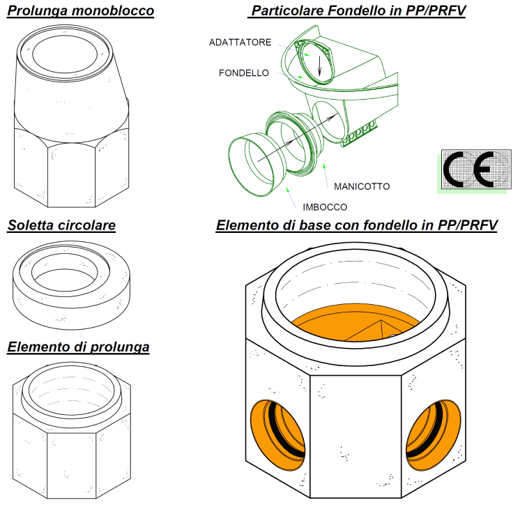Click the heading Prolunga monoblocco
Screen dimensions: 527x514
tap(81, 10)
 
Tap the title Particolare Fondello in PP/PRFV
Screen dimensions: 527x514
tap(357, 10)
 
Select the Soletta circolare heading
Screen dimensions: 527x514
tap(61, 225)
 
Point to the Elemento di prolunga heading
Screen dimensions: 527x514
tap(78, 347)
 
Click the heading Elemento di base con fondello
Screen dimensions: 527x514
tap(357, 225)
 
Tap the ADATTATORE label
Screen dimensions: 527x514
tap(240, 43)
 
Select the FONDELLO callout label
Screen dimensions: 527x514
tap(244, 73)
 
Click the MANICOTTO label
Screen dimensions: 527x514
tap(362, 187)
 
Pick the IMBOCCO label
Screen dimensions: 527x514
tap(325, 207)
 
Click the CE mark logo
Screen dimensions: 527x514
tap(476, 169)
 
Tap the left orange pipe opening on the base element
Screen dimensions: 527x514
tap(278, 434)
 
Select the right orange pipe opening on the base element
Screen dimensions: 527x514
tap(434, 434)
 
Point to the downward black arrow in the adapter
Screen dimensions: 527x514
tap(319, 66)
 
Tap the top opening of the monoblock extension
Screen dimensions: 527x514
tap(65, 54)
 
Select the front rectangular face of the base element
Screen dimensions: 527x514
tap(356, 437)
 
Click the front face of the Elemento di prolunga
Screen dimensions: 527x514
tap(72, 466)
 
